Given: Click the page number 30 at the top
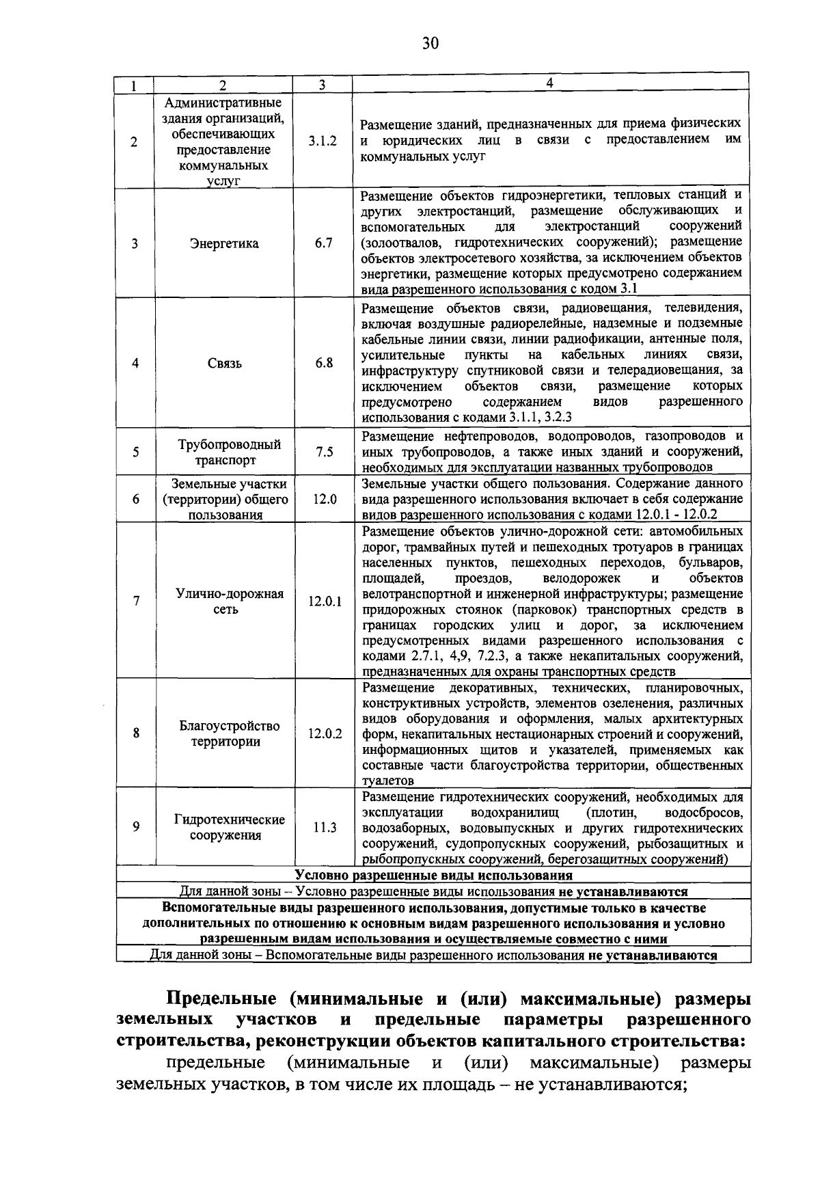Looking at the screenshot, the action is (429, 44).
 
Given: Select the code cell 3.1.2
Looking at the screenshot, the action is (323, 141).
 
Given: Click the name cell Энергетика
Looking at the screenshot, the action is (224, 244).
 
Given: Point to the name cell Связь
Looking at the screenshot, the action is (224, 364).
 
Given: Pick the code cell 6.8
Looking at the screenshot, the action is (324, 363).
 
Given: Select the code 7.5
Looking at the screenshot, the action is (324, 452).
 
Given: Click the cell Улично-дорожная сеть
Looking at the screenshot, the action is (229, 601).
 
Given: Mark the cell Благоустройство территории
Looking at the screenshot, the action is (229, 733).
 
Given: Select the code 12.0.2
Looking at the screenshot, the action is (325, 733).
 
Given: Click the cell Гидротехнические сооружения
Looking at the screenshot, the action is (229, 827).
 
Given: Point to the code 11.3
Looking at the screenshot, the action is (325, 828).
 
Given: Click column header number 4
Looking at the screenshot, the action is (549, 83).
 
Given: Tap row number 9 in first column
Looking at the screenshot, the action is (136, 827).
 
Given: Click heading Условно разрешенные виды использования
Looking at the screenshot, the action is (433, 876).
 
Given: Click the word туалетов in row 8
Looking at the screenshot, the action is (387, 781).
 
